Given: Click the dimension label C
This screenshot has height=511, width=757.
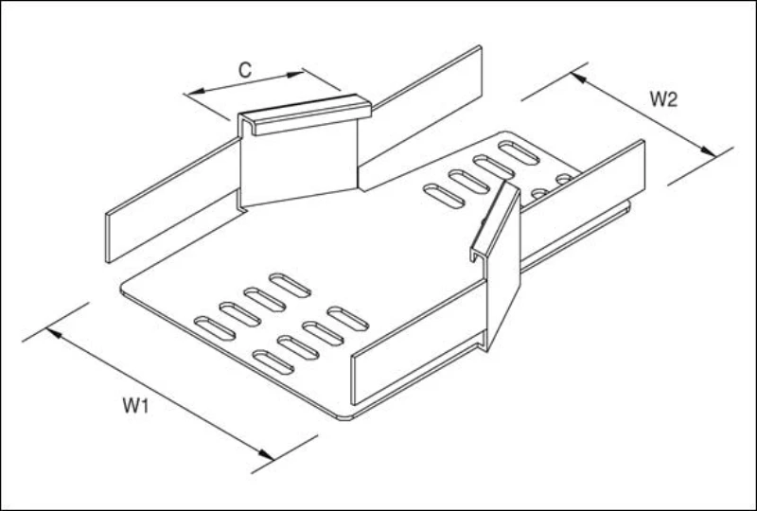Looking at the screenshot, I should click(244, 70).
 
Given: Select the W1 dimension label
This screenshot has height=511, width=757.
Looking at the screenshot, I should click(137, 406).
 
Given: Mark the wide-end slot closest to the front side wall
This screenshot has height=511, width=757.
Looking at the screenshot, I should click(347, 318).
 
